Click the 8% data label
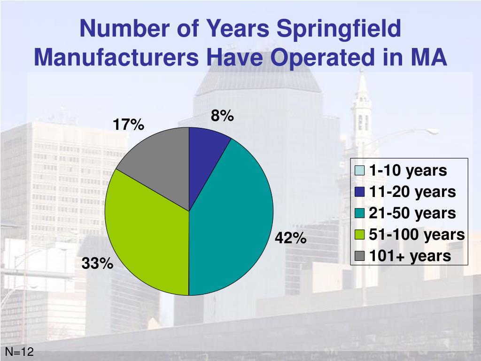[x=222, y=116]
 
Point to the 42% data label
[x=291, y=238]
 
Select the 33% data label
[x=97, y=264]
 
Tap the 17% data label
[x=128, y=125]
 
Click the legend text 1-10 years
[x=408, y=171]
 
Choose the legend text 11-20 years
[x=412, y=192]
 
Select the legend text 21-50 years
[x=412, y=213]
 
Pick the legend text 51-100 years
[x=417, y=234]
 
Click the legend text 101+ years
[x=410, y=256]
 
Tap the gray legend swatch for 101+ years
[x=359, y=256]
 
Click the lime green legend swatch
[x=359, y=235]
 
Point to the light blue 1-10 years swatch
[x=359, y=171]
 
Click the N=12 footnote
[x=19, y=352]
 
